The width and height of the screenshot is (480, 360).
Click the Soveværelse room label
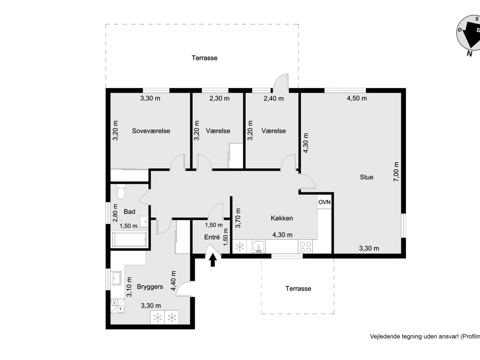pos(151,131)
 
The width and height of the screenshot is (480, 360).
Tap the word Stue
pos(366,177)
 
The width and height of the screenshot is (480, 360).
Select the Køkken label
pos(282,218)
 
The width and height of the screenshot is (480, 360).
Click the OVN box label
pos(324,202)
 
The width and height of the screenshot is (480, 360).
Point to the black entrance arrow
pos(213,260)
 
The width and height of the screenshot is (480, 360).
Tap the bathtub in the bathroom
pos(129,240)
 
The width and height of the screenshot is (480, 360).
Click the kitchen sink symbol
pos(259,247)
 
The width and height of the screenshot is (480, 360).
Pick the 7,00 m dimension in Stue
pos(396,172)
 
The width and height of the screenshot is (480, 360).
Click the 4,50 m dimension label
pos(357,98)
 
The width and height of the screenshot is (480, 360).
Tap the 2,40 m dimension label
pos(273,98)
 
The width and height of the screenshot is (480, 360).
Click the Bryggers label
pos(150,287)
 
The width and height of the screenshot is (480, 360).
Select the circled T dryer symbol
pos(120,309)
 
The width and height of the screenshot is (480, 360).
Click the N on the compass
pos(470,54)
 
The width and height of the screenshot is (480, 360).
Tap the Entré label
pos(212,237)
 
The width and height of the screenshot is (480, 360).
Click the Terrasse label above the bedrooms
pos(204,58)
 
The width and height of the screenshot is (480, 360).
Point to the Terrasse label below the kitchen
pos(298,289)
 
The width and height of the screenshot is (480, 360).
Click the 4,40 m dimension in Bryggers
pos(173,281)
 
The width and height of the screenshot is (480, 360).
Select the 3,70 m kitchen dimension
pos(238,218)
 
